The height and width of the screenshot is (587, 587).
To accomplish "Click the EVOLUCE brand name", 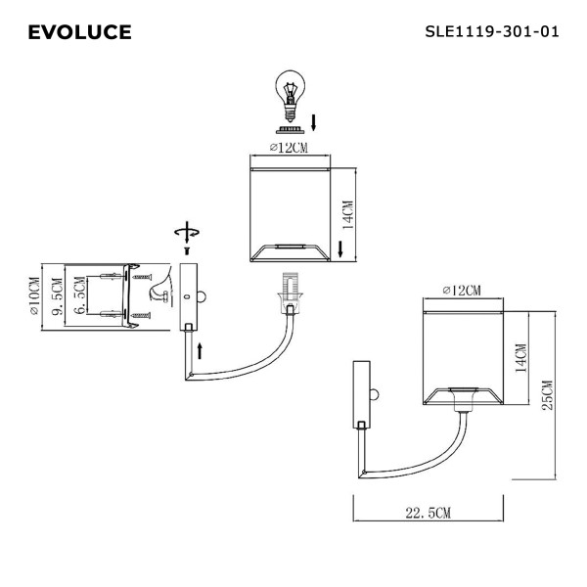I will coord(79,33).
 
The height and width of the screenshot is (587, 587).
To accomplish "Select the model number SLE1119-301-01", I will coord(492,31).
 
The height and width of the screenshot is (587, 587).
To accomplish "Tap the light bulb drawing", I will coord(289,98).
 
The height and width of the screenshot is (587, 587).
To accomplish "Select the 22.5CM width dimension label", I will coord(428,513).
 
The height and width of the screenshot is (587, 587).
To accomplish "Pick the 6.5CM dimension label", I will coord(81,297).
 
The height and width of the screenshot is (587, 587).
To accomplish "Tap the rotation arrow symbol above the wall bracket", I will coord(186,233).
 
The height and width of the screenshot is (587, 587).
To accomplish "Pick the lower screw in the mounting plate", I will coord(143,316).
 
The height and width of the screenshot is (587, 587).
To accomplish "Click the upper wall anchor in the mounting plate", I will coord(113,278).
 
